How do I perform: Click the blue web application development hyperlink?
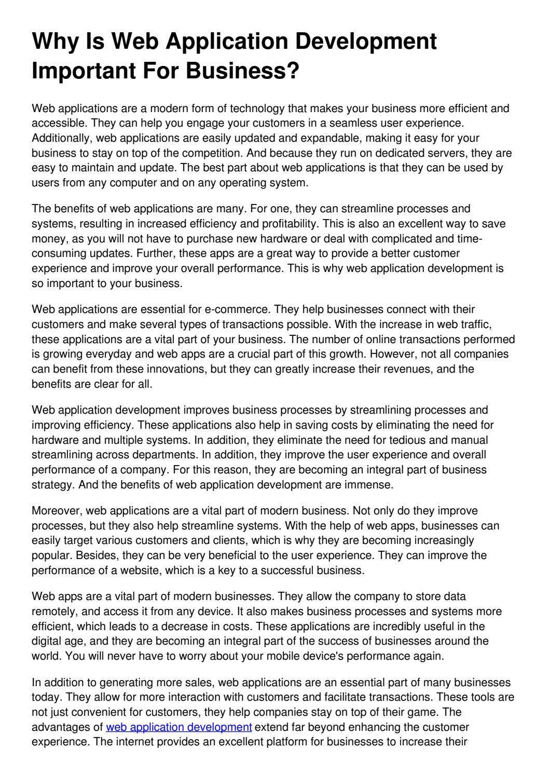tap(179, 727)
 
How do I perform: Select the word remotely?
tap(54, 611)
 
